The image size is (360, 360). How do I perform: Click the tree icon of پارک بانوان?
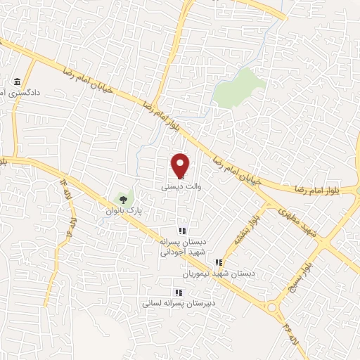click(124, 198)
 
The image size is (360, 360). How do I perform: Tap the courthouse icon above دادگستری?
click(17, 80)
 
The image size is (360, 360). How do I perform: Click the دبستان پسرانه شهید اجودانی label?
click(182, 246)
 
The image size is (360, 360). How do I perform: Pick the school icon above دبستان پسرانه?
click(181, 230)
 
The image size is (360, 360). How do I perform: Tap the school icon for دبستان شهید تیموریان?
click(218, 262)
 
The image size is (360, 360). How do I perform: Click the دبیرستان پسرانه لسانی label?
click(173, 304)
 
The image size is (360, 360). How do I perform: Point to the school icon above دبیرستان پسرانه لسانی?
click(177, 292)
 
